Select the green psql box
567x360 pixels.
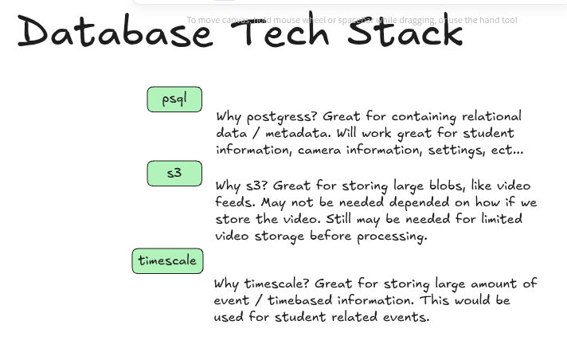tap(174, 100)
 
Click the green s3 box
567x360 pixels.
tap(174, 173)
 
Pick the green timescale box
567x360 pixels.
tap(167, 261)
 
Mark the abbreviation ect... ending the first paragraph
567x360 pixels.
tap(507, 150)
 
